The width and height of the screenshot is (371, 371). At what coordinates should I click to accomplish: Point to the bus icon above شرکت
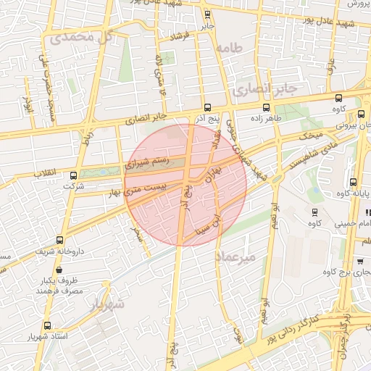[73, 175]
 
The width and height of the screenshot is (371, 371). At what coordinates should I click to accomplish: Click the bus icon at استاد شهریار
[48, 326]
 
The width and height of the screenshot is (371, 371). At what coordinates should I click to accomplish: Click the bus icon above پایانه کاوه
[353, 182]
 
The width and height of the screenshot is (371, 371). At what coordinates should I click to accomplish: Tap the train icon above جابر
[208, 14]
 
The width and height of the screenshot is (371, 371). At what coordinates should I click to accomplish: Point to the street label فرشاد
[178, 36]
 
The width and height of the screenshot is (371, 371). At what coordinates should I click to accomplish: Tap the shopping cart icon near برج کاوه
[361, 261]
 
